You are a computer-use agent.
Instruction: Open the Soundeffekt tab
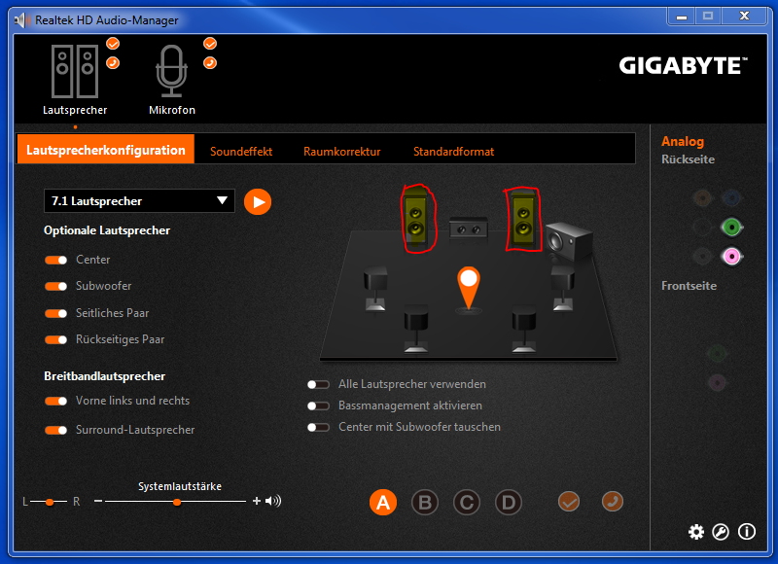(241, 152)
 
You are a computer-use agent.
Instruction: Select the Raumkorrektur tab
(342, 152)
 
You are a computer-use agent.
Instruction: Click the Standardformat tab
(453, 152)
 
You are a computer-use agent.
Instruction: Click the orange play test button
(258, 202)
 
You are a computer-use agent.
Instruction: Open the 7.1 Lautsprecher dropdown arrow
(222, 200)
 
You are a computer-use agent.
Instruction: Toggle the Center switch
(55, 260)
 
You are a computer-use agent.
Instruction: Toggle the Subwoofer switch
(55, 286)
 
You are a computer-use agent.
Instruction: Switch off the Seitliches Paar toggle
(55, 313)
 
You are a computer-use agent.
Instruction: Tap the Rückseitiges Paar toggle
(55, 339)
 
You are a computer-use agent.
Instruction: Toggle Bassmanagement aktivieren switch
(318, 405)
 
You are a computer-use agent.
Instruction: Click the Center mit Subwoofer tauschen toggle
(318, 427)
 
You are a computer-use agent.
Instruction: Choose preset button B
(425, 502)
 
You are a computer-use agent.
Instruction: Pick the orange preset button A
(383, 502)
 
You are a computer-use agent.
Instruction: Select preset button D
(509, 502)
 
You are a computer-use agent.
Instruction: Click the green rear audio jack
(731, 228)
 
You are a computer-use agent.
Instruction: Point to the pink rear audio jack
(731, 257)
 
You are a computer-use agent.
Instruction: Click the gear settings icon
(696, 532)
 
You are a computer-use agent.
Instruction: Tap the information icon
(747, 532)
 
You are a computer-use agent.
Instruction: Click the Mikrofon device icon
(171, 71)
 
